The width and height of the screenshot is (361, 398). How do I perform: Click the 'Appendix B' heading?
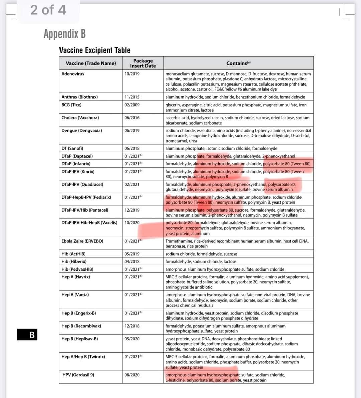pyautogui.click(x=65, y=34)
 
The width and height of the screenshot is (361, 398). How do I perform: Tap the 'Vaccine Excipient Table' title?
pyautogui.click(x=95, y=50)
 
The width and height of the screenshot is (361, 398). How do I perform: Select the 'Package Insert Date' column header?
pyautogui.click(x=143, y=63)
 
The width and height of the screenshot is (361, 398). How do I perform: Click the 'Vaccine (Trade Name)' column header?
pyautogui.click(x=91, y=63)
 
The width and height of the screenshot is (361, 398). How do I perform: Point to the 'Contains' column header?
pyautogui.click(x=238, y=63)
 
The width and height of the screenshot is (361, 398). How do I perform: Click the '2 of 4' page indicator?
pyautogui.click(x=48, y=10)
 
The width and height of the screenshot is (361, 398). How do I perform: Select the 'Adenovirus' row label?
pyautogui.click(x=73, y=74)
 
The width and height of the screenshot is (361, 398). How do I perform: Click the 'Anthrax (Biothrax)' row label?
pyautogui.click(x=79, y=97)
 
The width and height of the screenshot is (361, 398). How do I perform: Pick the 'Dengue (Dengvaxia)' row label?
pyautogui.click(x=81, y=130)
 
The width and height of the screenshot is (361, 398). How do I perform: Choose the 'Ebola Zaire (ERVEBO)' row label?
pyautogui.click(x=82, y=241)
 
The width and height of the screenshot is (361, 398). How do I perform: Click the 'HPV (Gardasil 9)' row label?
pyautogui.click(x=78, y=375)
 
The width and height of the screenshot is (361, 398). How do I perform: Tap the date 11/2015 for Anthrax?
pyautogui.click(x=132, y=97)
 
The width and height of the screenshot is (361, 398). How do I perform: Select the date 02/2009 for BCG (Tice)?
pyautogui.click(x=132, y=105)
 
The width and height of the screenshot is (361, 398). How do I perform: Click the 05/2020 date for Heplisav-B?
pyautogui.click(x=132, y=339)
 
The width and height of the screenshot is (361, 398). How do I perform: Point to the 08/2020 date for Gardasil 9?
pyautogui.click(x=132, y=375)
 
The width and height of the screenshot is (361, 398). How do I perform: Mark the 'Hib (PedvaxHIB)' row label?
pyautogui.click(x=77, y=269)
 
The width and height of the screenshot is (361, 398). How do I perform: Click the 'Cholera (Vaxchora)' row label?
pyautogui.click(x=80, y=118)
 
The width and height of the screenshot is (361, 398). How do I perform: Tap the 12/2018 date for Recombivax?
pyautogui.click(x=132, y=326)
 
